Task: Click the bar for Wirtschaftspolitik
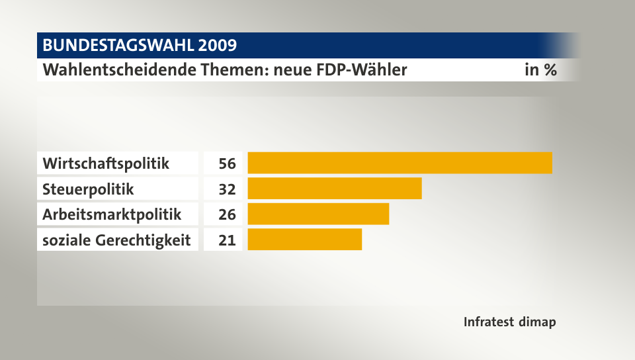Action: (x=400, y=163)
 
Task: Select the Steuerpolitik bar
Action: (x=334, y=189)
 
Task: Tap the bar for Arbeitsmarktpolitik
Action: (x=318, y=214)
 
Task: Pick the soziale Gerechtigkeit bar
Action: (x=304, y=240)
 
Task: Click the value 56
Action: (x=228, y=163)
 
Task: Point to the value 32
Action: (x=228, y=189)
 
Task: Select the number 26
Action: (x=228, y=214)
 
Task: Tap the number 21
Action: (x=228, y=240)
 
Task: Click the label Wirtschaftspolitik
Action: (x=106, y=163)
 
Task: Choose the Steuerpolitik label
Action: (x=88, y=189)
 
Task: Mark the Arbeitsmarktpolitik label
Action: (x=111, y=214)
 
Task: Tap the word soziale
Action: (x=65, y=240)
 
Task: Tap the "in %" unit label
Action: (x=540, y=69)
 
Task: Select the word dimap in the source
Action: (x=538, y=322)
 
